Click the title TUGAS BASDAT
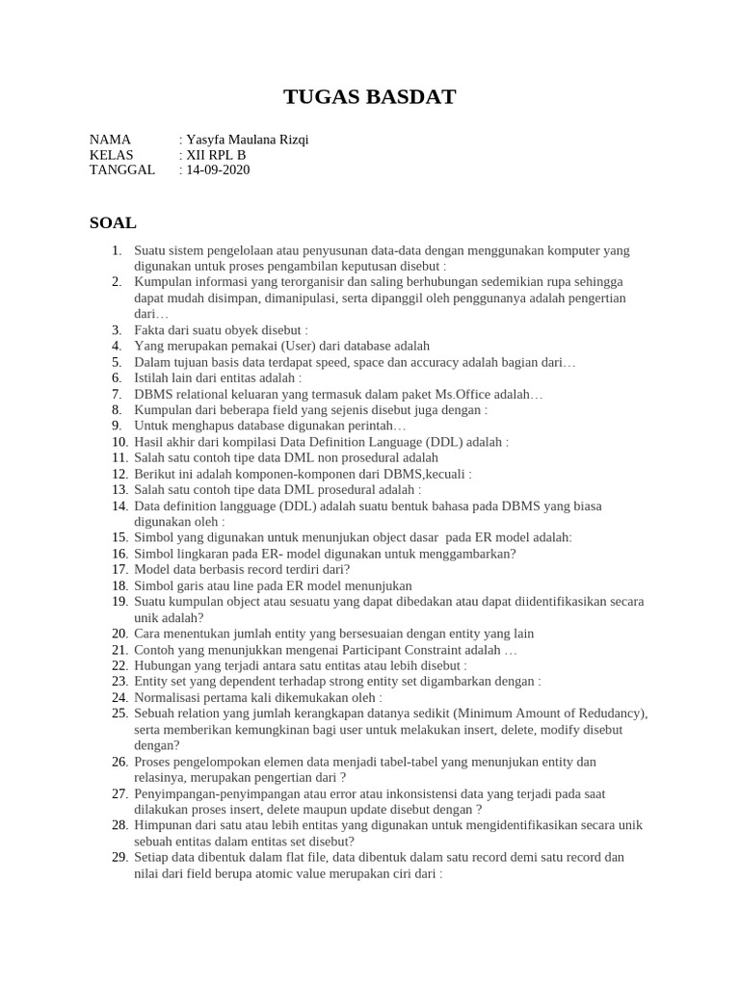click(370, 96)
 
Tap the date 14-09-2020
click(218, 170)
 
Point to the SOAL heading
click(113, 222)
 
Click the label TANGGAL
click(121, 170)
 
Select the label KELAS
click(112, 155)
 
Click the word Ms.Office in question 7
click(458, 395)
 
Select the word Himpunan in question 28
click(161, 825)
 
